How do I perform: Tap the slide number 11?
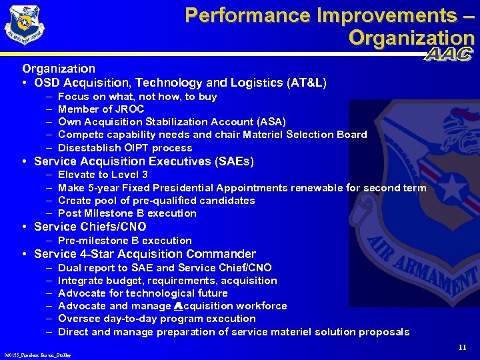463,347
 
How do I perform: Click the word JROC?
113,109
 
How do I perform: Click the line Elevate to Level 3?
103,175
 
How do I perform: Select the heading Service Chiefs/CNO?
90,227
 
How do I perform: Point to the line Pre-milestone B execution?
125,241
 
